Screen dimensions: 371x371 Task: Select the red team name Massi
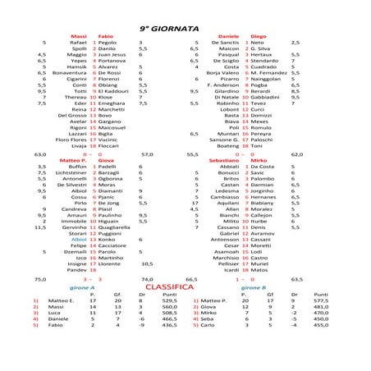click(x=79, y=37)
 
